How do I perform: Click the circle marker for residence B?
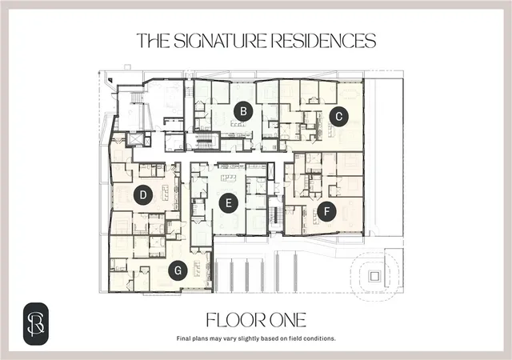(x=243, y=111)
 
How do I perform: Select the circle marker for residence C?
(x=338, y=117)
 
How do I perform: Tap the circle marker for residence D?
(x=143, y=195)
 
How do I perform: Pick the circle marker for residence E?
(x=229, y=203)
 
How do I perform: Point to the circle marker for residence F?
(x=326, y=212)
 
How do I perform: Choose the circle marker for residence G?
(x=178, y=270)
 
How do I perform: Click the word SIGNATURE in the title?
(x=220, y=41)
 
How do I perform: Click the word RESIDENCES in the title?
(x=323, y=41)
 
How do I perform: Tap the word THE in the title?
(x=153, y=41)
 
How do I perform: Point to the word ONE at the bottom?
(x=286, y=320)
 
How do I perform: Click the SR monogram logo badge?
(x=36, y=324)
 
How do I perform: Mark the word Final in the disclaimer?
(x=183, y=338)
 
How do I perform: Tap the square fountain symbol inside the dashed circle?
(x=374, y=277)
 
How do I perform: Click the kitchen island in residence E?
(x=229, y=178)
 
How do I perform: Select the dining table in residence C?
(x=350, y=94)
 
